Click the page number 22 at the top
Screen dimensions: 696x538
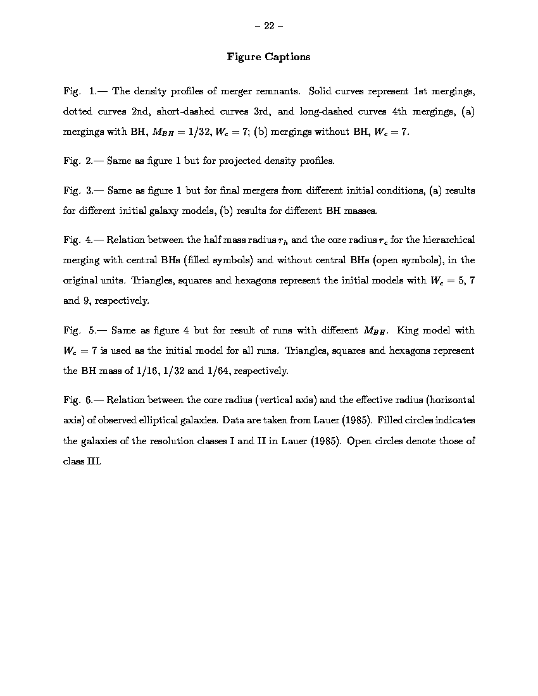(268, 26)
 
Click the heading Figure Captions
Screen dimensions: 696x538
(268, 57)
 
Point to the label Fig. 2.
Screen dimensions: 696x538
(78, 161)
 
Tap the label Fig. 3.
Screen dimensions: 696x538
(78, 190)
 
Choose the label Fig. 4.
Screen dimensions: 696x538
(78, 240)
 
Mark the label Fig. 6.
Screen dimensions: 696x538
(78, 400)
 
